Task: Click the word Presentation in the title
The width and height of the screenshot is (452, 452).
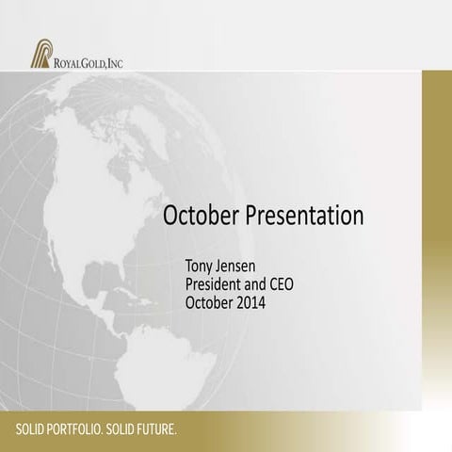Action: coord(305,216)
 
